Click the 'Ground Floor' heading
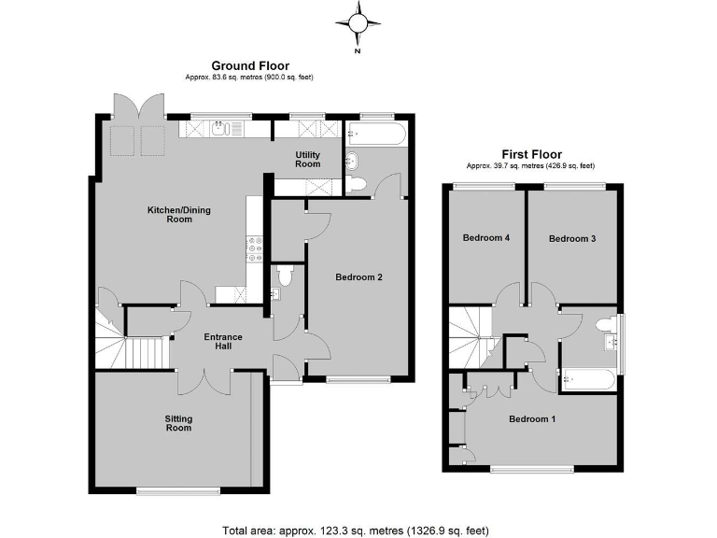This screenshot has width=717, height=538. [x=249, y=65]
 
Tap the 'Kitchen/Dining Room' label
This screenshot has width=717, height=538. [x=179, y=215]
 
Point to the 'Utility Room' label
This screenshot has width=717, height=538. [x=308, y=159]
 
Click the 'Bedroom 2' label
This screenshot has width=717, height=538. [x=359, y=276]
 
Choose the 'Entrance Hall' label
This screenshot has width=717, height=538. [x=223, y=342]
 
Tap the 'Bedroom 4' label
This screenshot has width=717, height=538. [x=485, y=238]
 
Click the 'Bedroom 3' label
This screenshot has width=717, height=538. [x=571, y=238]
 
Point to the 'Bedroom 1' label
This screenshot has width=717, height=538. [x=532, y=418]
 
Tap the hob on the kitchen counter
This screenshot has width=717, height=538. [x=255, y=247]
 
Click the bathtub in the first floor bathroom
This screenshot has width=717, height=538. [x=587, y=380]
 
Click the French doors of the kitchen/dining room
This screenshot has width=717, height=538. [x=139, y=106]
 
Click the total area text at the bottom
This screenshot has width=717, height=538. [x=355, y=530]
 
